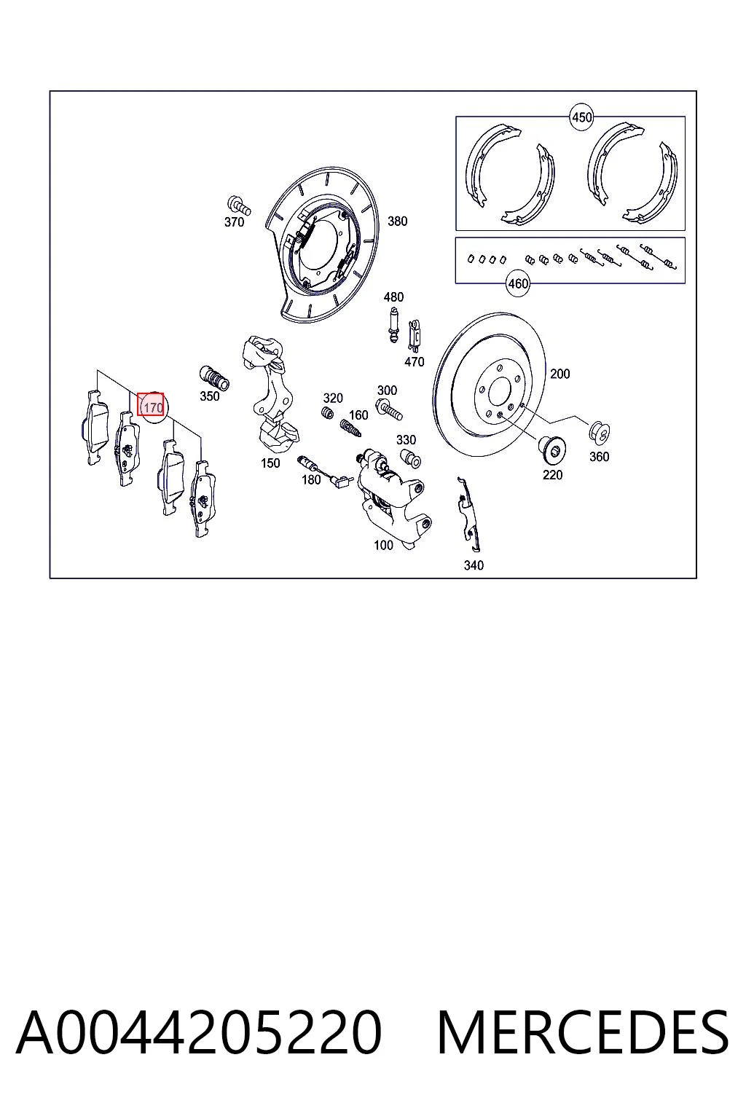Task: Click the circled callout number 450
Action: coord(581,117)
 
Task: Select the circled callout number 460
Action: coord(518,283)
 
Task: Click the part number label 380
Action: coord(397,221)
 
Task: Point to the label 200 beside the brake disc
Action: coord(559,374)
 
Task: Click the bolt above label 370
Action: coord(239,205)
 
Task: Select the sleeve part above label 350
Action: coord(214,378)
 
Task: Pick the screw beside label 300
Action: coord(389,408)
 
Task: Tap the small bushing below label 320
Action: coord(328,414)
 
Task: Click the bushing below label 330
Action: coord(410,458)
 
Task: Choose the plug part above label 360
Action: coord(600,431)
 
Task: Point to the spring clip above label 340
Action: coord(470,514)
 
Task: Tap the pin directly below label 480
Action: coord(393,324)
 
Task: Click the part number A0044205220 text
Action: coord(199,1032)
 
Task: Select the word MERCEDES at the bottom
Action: coord(583,1032)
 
